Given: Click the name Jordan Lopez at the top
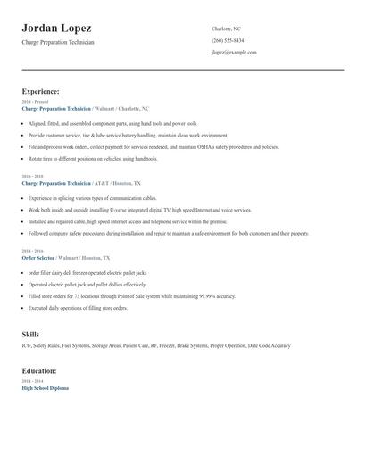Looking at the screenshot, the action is click(56, 29).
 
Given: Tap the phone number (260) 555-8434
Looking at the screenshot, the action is click(228, 40).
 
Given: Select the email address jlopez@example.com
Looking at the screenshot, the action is click(234, 53).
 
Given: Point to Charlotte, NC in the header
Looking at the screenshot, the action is click(226, 29).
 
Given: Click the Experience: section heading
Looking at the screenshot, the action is click(40, 91).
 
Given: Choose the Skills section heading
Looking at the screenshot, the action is click(30, 333).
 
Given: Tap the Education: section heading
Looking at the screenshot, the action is click(39, 370).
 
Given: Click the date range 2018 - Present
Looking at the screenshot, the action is click(35, 102).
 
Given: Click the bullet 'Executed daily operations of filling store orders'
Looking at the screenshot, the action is click(79, 308).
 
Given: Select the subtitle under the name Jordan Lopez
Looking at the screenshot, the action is click(58, 42).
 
